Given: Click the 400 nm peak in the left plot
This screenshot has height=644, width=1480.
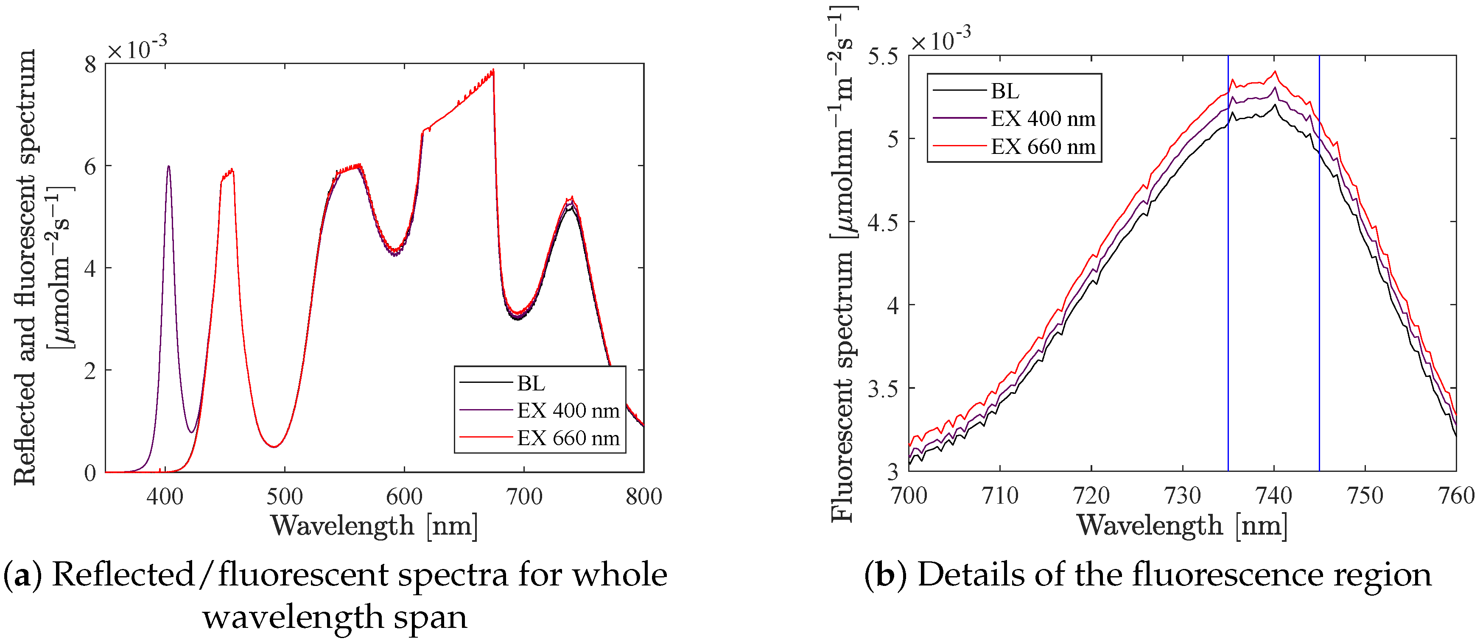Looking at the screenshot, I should pyautogui.click(x=168, y=167).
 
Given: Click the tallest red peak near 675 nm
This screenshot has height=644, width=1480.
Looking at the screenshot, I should pyautogui.click(x=493, y=71).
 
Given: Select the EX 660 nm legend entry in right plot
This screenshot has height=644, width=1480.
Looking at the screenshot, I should pyautogui.click(x=1043, y=147).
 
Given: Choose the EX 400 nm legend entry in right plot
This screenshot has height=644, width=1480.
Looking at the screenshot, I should pyautogui.click(x=1043, y=119).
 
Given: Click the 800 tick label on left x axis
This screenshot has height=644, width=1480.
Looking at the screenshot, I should pyautogui.click(x=643, y=496).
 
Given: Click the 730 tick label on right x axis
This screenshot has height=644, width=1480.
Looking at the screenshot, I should pyautogui.click(x=1182, y=495).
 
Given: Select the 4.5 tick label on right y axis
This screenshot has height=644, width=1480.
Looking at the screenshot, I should pyautogui.click(x=882, y=222).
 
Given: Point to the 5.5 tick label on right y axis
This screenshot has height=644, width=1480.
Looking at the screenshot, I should pyautogui.click(x=882, y=56).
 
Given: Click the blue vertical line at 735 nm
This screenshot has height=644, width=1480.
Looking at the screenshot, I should pyautogui.click(x=1228, y=287).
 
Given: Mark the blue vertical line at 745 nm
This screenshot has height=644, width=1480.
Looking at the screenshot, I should pyautogui.click(x=1319, y=287).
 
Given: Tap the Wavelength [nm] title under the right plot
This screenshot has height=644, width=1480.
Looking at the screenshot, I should pyautogui.click(x=1182, y=525).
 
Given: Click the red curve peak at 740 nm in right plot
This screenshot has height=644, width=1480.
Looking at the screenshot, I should pyautogui.click(x=1275, y=72).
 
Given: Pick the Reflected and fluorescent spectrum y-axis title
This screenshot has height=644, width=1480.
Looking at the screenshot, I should pyautogui.click(x=24, y=267).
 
